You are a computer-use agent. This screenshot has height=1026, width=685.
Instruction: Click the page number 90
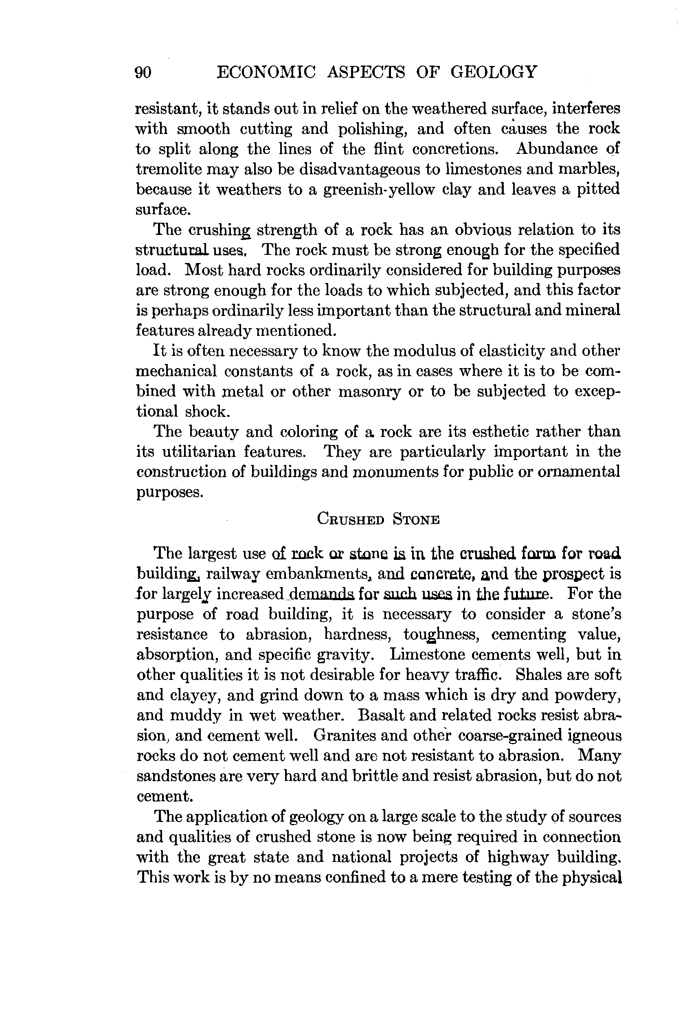[x=143, y=72]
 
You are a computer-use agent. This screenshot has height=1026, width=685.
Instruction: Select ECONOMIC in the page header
[x=266, y=72]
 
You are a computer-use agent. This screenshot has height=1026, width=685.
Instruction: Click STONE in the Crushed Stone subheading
[x=416, y=520]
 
